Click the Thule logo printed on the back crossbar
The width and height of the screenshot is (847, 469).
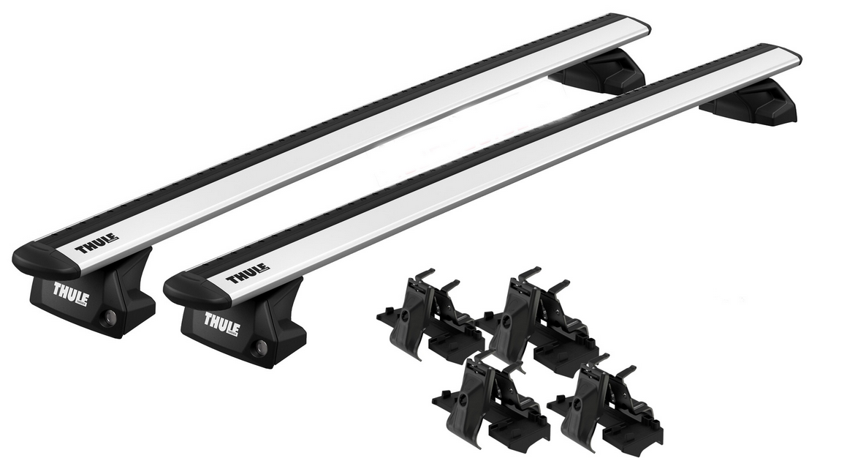click(x=96, y=244)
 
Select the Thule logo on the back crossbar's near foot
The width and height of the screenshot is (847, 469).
click(x=71, y=291)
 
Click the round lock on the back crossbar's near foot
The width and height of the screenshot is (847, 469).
click(x=110, y=316)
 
